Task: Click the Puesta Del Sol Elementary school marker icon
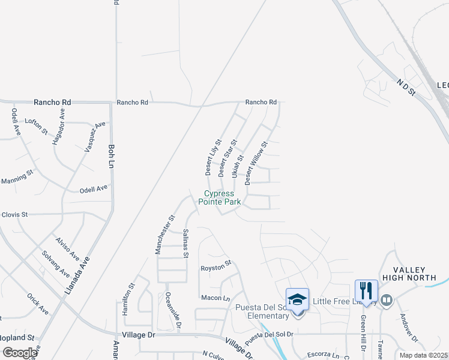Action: point(297,299)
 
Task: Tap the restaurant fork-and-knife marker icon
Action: point(366,291)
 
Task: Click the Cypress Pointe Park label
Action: point(223,198)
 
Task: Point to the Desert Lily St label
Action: point(213,157)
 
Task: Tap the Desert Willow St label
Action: point(255,158)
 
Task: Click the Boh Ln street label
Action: point(111,155)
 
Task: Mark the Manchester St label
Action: point(164,235)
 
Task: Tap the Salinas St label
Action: point(186,243)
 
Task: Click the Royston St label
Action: point(215,266)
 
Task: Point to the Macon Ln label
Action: point(215,298)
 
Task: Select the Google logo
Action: point(19,353)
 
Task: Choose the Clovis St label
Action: point(14,214)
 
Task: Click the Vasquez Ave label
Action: point(95,136)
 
